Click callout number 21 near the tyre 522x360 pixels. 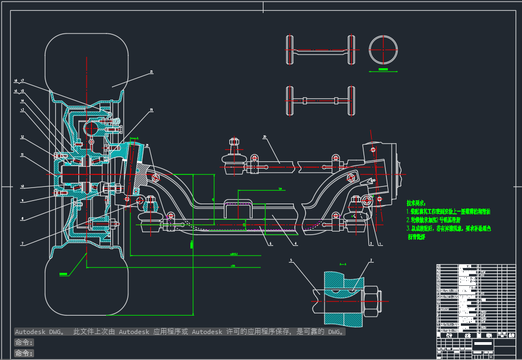(x=151, y=71)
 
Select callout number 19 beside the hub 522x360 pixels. (x=151, y=110)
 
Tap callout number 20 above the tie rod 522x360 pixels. (x=265, y=137)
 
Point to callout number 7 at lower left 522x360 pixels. (x=22, y=244)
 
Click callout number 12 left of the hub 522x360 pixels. (x=22, y=137)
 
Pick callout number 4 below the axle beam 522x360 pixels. (x=296, y=244)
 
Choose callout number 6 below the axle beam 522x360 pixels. (x=270, y=244)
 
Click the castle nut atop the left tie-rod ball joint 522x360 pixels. (x=234, y=142)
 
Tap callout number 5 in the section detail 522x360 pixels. (x=291, y=260)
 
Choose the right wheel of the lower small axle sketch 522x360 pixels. (x=352, y=101)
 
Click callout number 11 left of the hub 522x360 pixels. (x=22, y=155)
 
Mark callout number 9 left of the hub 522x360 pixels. (x=22, y=200)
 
